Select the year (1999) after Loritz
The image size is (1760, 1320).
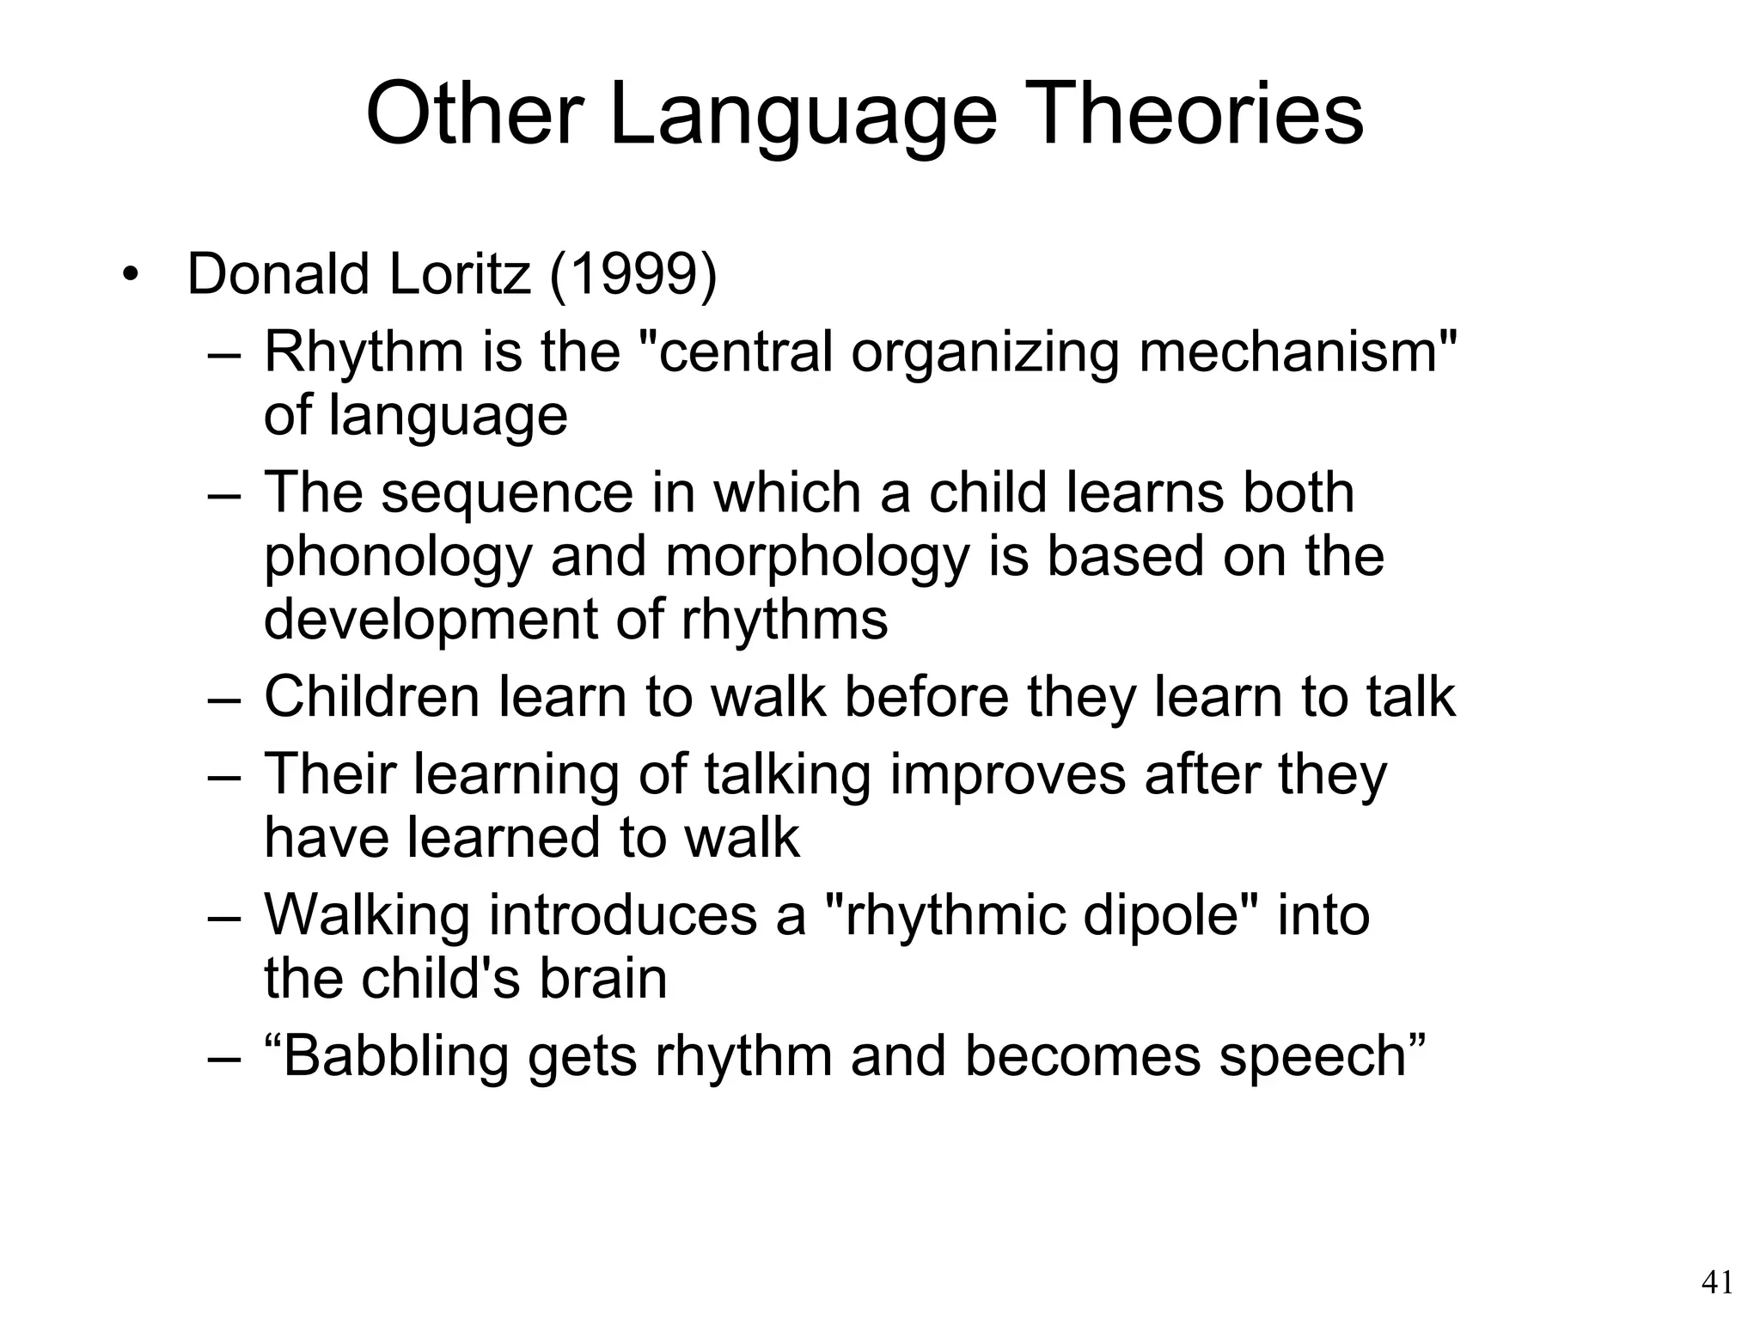[632, 274]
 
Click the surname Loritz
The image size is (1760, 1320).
[460, 274]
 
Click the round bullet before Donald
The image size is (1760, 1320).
[130, 275]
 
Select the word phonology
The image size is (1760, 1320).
[398, 558]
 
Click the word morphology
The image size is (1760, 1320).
[817, 558]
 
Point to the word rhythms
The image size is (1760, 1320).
[785, 620]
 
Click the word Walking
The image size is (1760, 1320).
[367, 915]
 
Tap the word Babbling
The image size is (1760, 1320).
[396, 1056]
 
